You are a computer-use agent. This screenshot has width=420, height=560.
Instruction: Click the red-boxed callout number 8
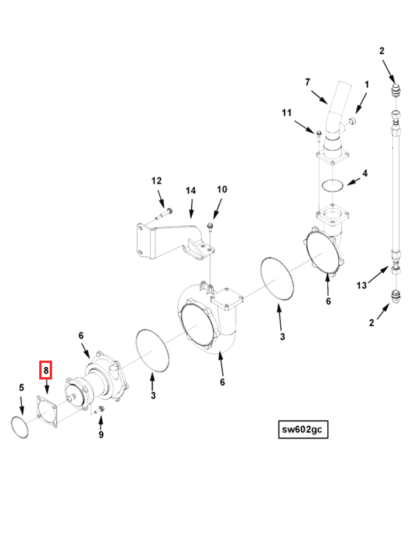45,371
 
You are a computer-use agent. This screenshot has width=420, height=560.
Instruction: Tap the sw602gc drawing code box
303,430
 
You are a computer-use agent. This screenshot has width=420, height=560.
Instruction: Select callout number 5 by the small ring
22,387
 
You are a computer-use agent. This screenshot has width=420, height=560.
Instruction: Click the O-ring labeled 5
20,428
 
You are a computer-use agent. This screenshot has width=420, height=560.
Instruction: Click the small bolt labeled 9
100,410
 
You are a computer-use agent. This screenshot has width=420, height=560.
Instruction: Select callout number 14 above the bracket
190,191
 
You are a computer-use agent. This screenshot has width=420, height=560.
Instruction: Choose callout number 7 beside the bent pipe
308,82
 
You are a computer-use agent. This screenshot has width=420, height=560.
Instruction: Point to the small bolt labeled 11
319,133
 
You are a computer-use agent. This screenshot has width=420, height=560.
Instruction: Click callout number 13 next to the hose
361,286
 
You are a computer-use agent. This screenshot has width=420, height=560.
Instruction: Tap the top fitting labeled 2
395,90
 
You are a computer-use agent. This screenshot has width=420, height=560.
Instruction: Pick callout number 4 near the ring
365,173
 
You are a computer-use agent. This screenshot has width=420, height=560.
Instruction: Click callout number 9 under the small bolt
101,435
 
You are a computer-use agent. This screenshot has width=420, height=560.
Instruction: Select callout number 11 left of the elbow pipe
286,113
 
